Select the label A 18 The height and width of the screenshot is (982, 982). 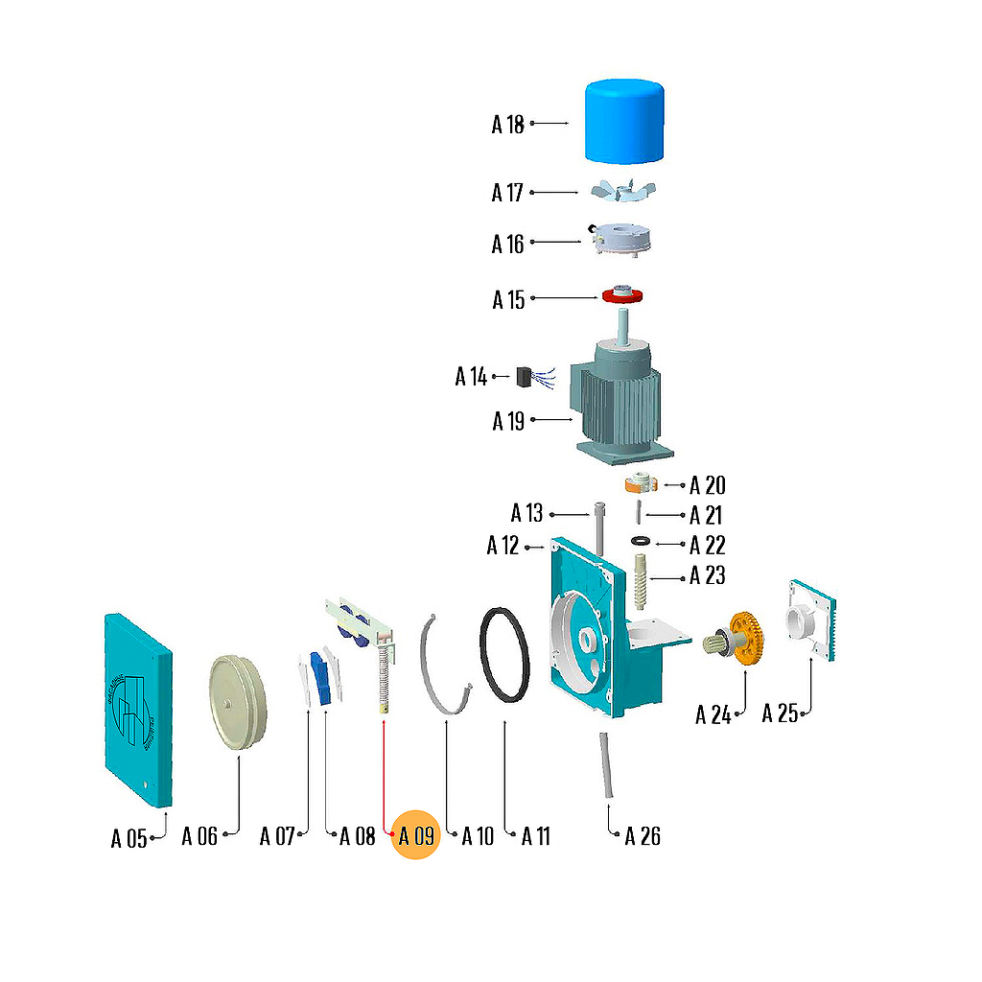pyautogui.click(x=508, y=124)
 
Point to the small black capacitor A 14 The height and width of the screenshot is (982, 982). pyautogui.click(x=526, y=377)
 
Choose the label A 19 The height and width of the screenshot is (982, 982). pyautogui.click(x=509, y=421)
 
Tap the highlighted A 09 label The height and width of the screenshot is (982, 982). pyautogui.click(x=416, y=836)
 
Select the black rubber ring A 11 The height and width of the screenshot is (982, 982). pyautogui.click(x=504, y=655)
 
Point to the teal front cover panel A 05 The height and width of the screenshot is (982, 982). pyautogui.click(x=137, y=710)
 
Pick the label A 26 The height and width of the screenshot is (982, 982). pyautogui.click(x=643, y=836)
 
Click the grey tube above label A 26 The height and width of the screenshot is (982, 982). pyautogui.click(x=607, y=766)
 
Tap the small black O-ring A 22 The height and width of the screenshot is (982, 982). pyautogui.click(x=640, y=543)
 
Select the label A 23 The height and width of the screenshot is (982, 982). pyautogui.click(x=708, y=575)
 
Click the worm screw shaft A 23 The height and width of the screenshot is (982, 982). pyautogui.click(x=642, y=581)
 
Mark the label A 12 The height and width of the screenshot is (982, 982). pyautogui.click(x=503, y=546)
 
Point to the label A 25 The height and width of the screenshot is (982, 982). pyautogui.click(x=781, y=713)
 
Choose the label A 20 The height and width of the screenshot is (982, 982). pyautogui.click(x=708, y=484)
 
